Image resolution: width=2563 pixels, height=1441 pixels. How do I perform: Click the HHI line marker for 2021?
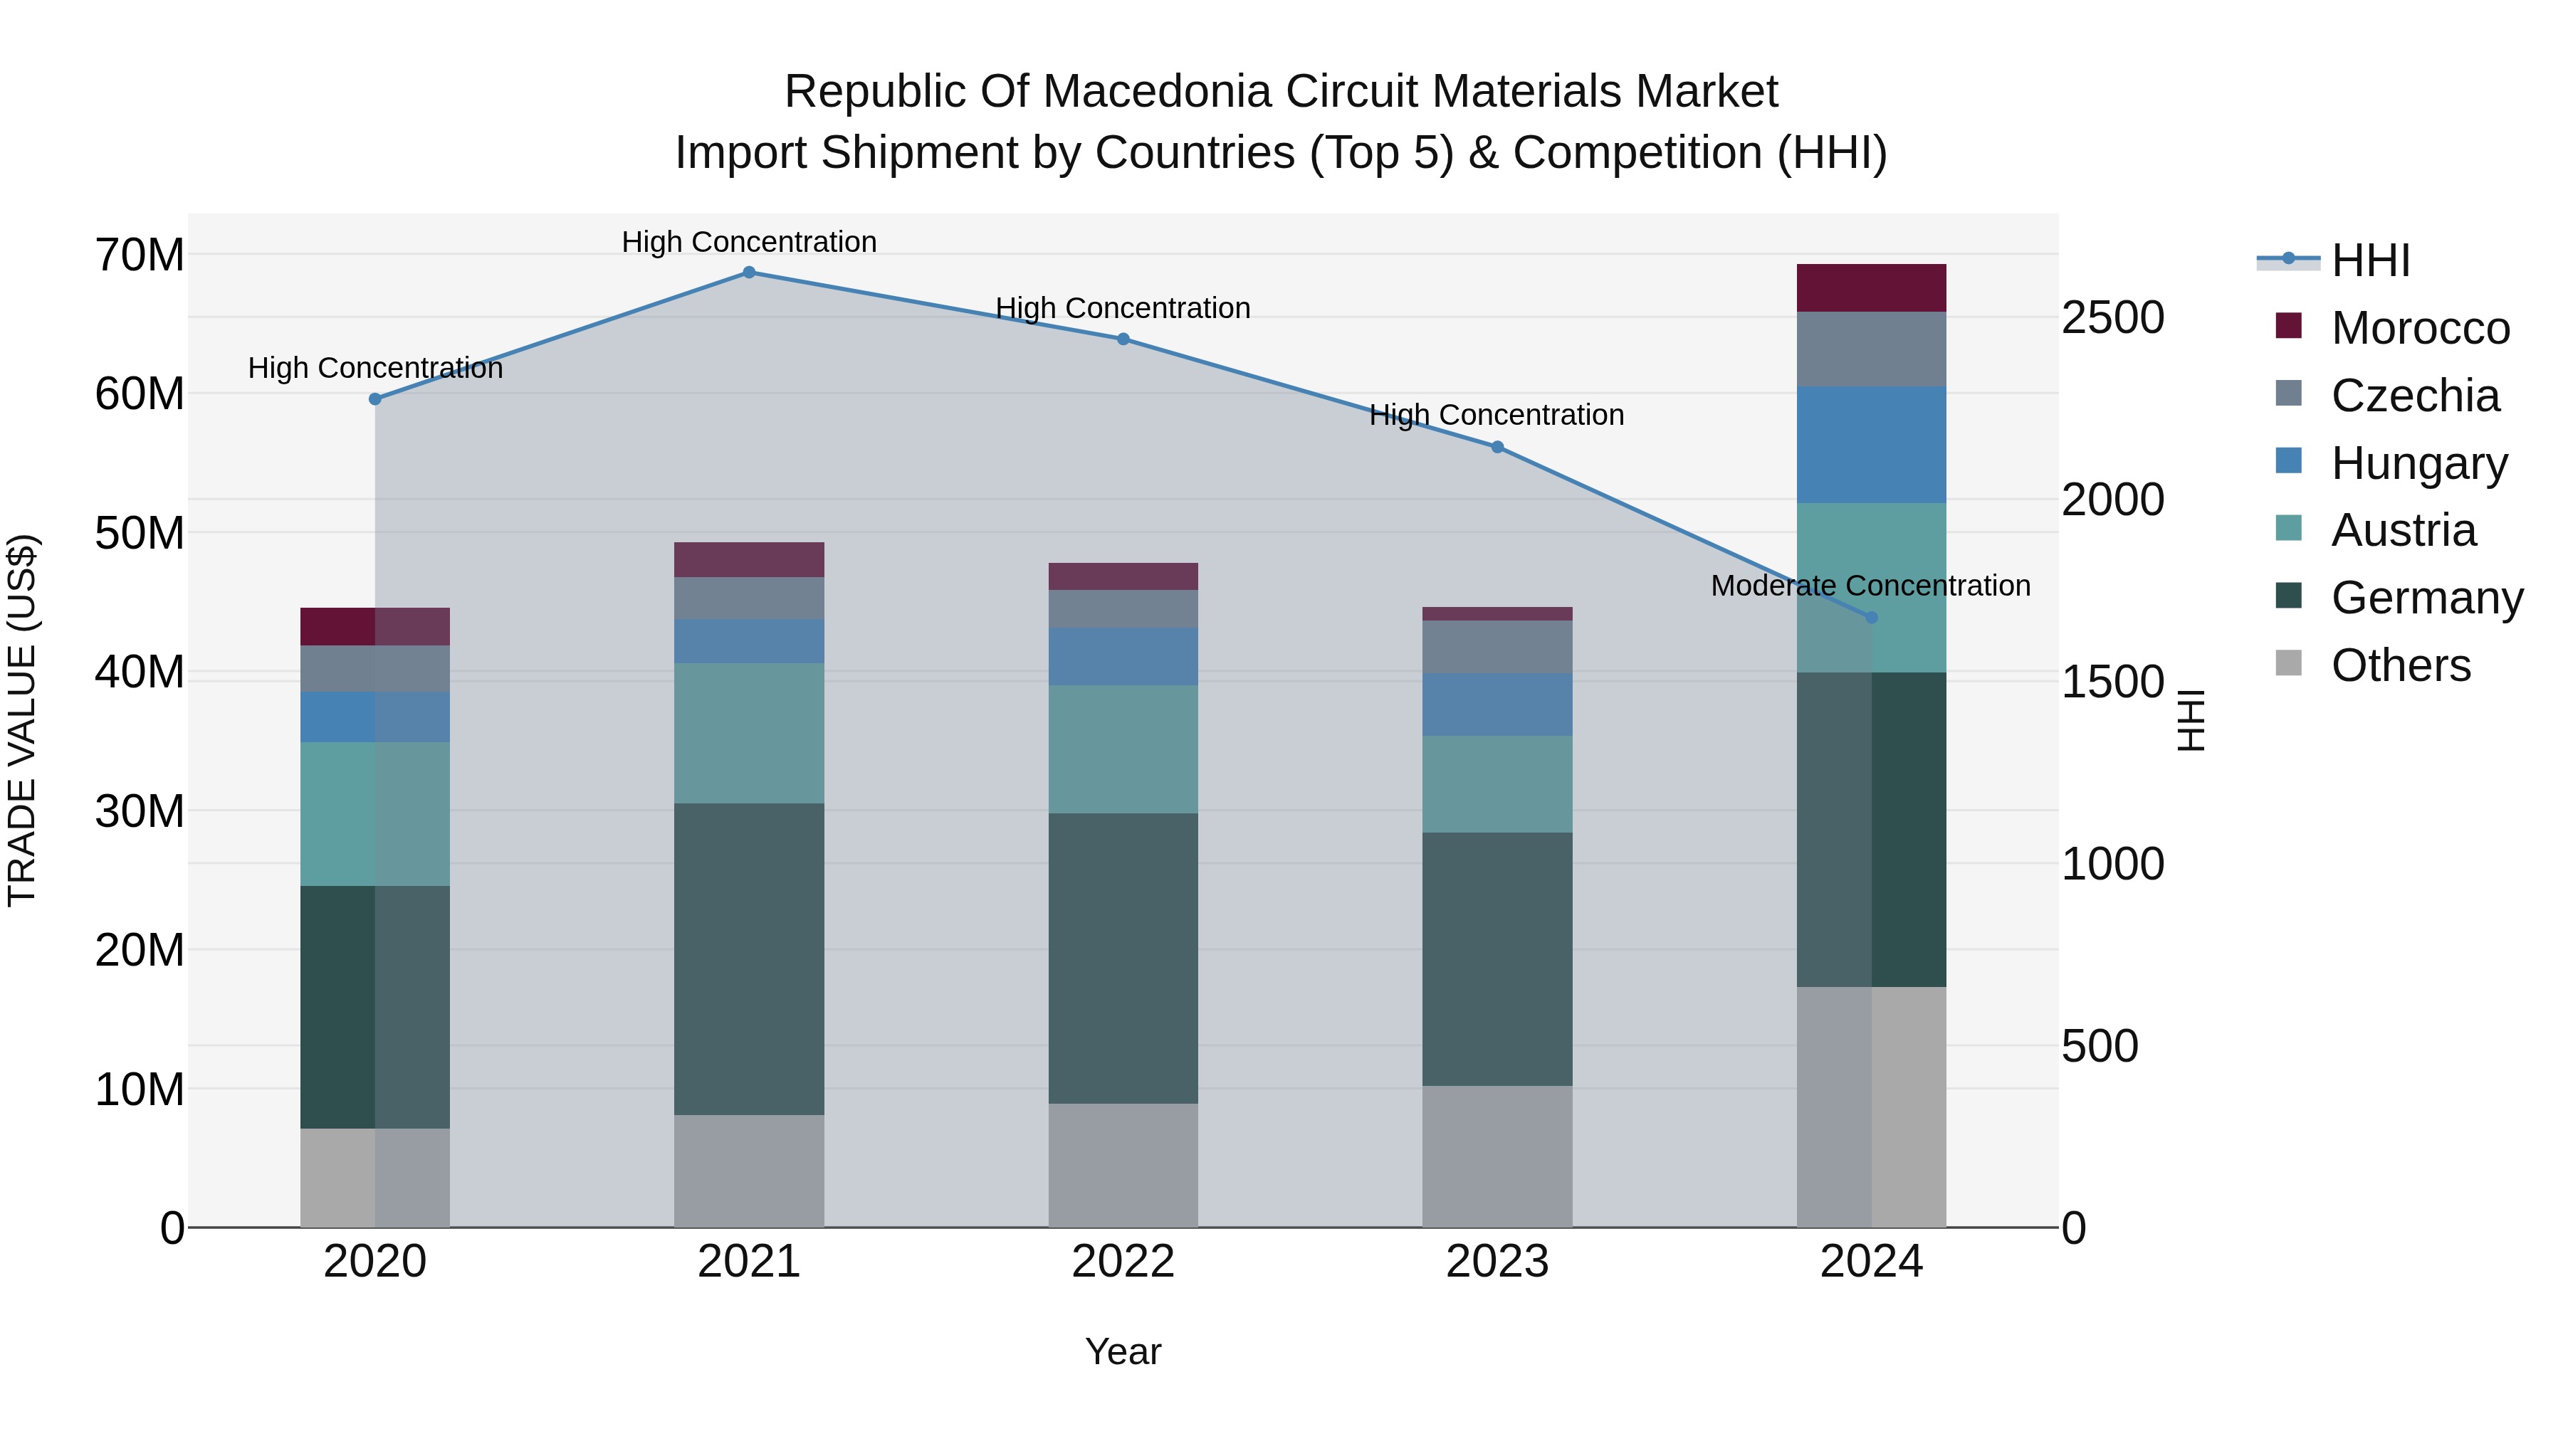coord(749,273)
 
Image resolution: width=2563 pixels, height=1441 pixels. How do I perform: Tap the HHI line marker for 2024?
coord(1872,618)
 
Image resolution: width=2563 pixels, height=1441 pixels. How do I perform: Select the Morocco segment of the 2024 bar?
coord(1872,288)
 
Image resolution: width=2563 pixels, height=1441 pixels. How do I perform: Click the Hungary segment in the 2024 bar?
coord(1872,445)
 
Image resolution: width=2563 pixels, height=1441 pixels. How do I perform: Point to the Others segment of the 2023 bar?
coord(1497,1156)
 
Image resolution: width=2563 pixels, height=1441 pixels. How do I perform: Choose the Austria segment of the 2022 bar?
coord(1123,749)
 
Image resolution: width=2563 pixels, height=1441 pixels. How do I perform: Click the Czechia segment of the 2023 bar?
coord(1497,646)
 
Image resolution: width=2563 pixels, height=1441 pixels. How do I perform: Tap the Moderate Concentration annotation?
coord(1870,586)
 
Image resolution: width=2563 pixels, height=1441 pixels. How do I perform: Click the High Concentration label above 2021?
coord(749,242)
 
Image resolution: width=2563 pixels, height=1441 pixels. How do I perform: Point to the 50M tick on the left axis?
coord(140,533)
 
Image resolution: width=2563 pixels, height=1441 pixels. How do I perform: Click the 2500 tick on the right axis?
coord(2112,318)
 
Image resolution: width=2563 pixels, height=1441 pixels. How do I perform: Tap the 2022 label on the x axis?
coord(1123,1262)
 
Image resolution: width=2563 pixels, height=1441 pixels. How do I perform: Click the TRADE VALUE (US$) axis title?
coord(22,720)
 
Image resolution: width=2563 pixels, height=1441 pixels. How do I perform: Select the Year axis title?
coord(1123,1351)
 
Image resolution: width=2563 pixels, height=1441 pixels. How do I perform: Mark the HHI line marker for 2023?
coord(1497,448)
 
